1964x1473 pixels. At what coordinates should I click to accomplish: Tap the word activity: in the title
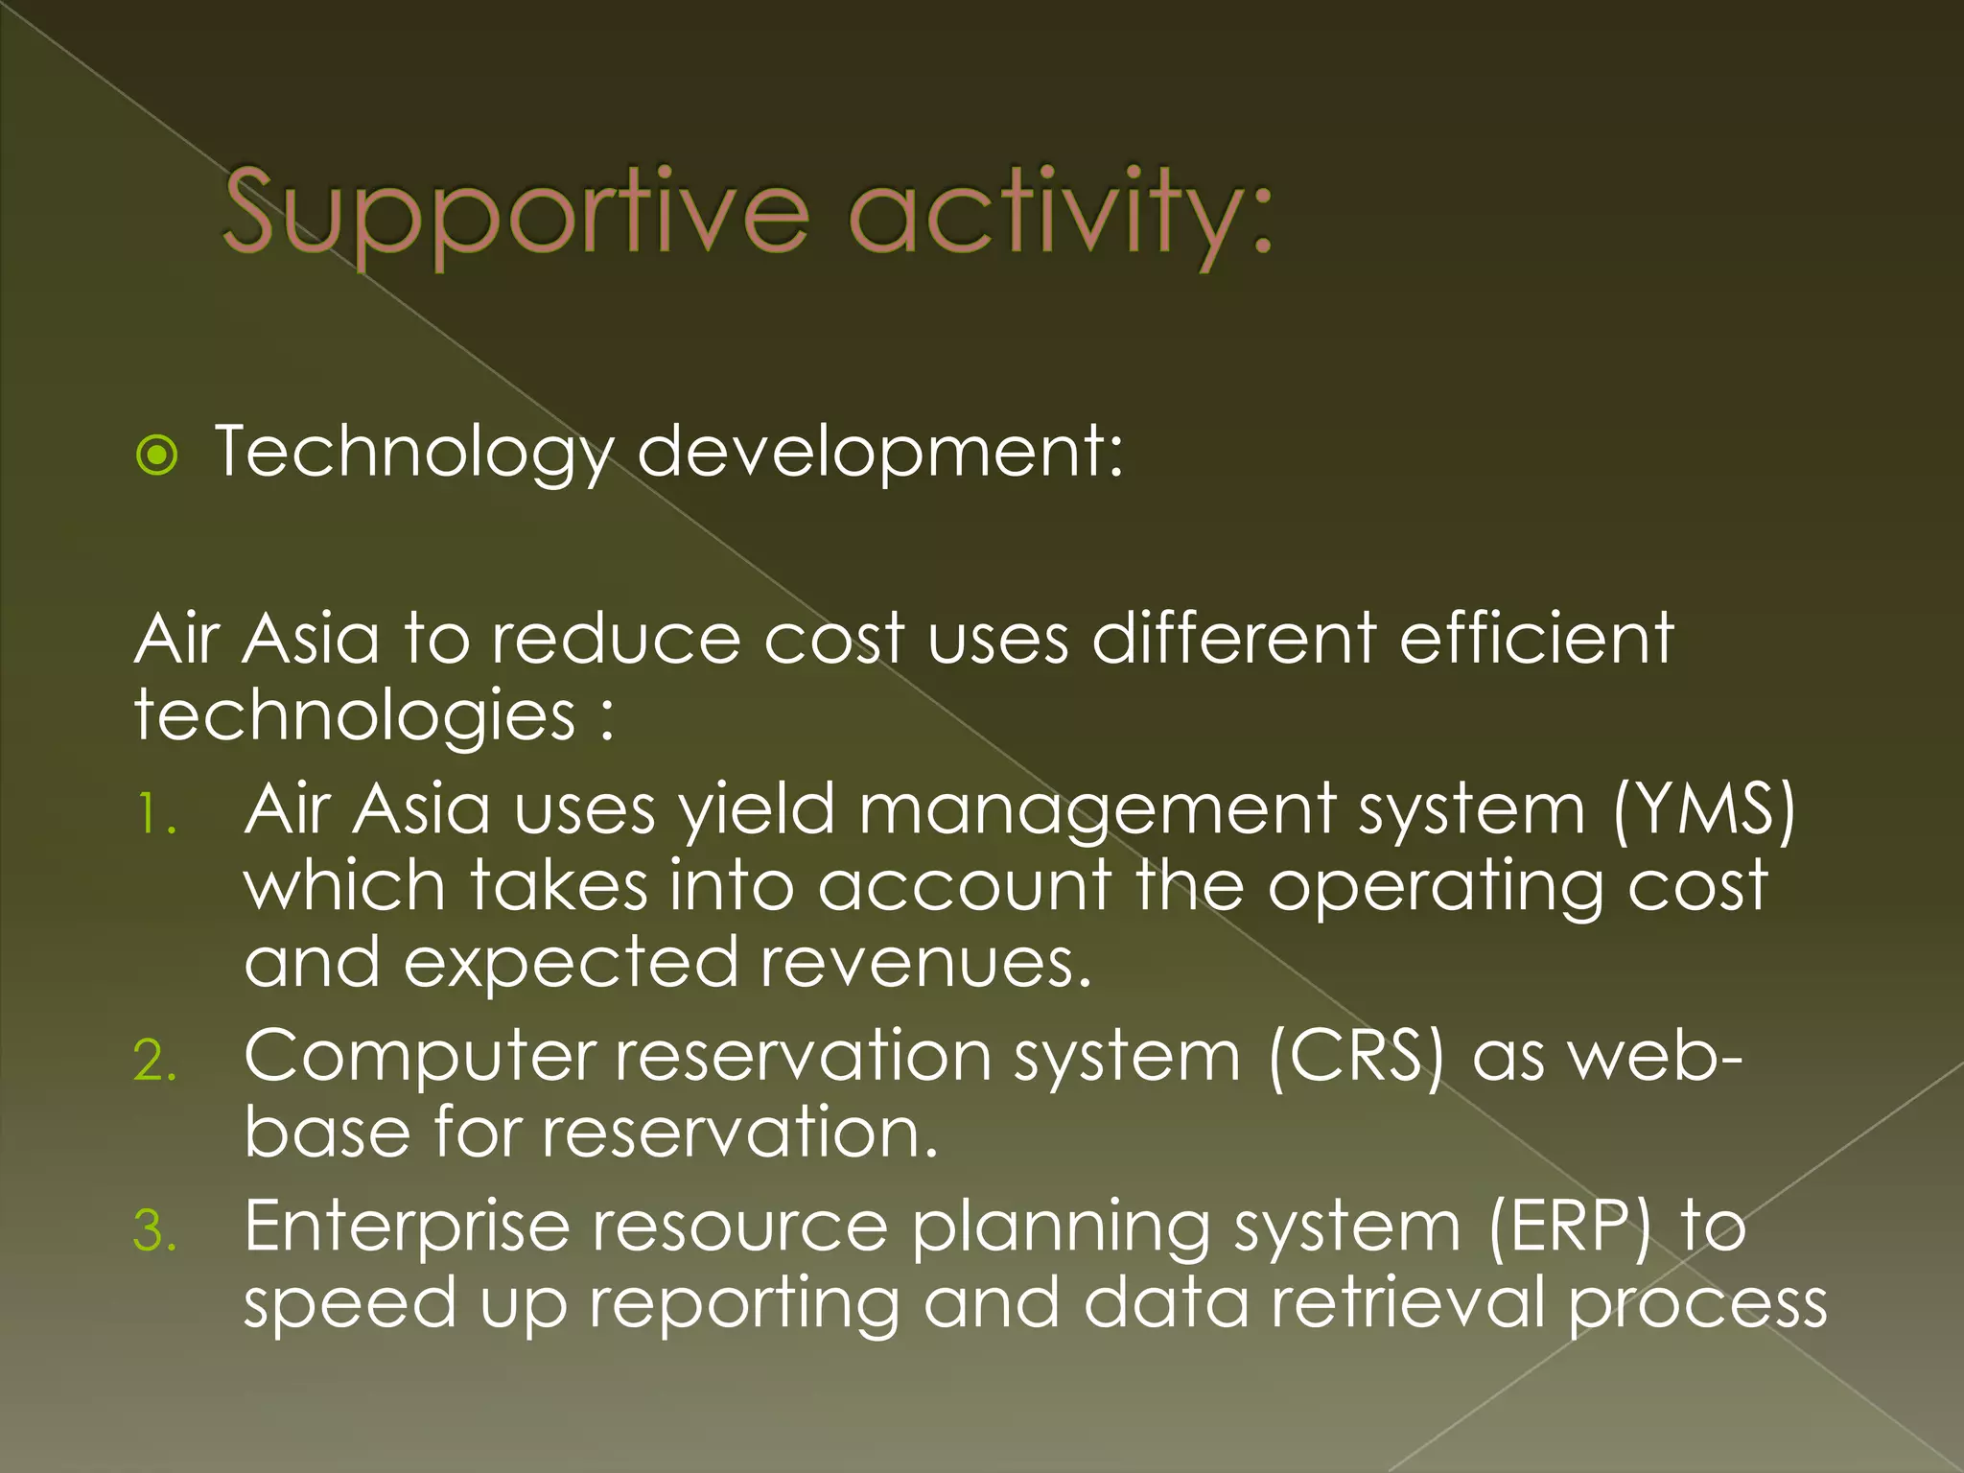click(x=1061, y=213)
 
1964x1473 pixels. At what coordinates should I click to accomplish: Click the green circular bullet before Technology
click(x=157, y=455)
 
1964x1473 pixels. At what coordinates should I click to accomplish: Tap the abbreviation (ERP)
click(x=1571, y=1227)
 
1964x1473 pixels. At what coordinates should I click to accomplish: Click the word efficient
click(x=1536, y=639)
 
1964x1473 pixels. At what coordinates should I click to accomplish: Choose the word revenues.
click(x=924, y=963)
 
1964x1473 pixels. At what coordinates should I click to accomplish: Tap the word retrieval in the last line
click(x=1408, y=1304)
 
